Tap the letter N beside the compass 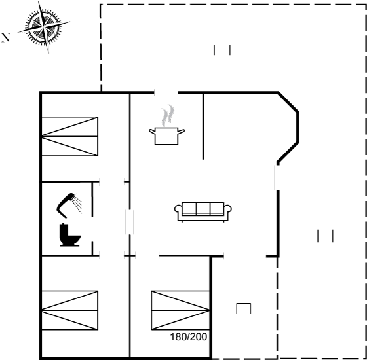click(6, 38)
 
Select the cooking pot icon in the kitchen click(166, 136)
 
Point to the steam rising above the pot click(168, 115)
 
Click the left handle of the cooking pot click(152, 132)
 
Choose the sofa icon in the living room click(203, 211)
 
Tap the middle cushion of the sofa click(203, 208)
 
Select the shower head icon click(65, 205)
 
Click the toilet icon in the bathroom click(69, 234)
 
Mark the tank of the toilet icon click(64, 230)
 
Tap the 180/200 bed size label click(189, 337)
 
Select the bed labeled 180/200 click(180, 310)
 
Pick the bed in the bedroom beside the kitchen click(69, 136)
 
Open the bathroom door click(92, 228)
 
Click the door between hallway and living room click(130, 222)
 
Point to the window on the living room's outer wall click(278, 177)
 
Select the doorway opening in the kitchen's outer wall click(166, 93)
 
